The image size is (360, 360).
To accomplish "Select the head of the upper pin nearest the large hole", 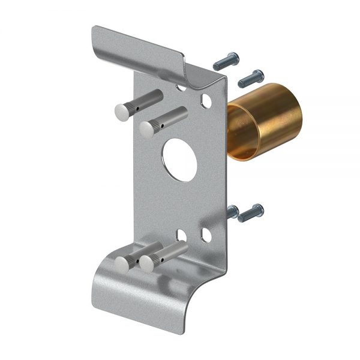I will click(x=147, y=127).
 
